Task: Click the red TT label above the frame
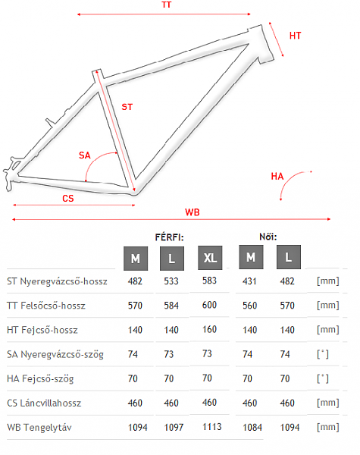click(x=167, y=5)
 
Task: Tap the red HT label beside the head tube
click(x=296, y=36)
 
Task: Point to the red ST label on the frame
click(x=127, y=107)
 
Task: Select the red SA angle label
click(x=85, y=155)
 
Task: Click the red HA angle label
click(x=277, y=176)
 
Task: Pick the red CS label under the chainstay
click(x=68, y=199)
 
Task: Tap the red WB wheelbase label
click(x=193, y=212)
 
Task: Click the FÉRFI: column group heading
click(x=170, y=237)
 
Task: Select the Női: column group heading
click(x=268, y=237)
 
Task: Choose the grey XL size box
click(x=210, y=258)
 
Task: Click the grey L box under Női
click(x=289, y=257)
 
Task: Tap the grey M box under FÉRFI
click(x=136, y=259)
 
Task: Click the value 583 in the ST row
click(x=209, y=281)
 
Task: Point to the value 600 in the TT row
click(x=209, y=305)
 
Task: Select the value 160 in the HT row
click(x=209, y=329)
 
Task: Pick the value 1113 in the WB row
click(x=212, y=427)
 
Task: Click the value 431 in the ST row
click(x=249, y=281)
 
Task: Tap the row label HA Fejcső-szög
click(x=40, y=379)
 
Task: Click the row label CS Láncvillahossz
click(x=44, y=403)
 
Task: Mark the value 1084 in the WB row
click(x=252, y=428)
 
